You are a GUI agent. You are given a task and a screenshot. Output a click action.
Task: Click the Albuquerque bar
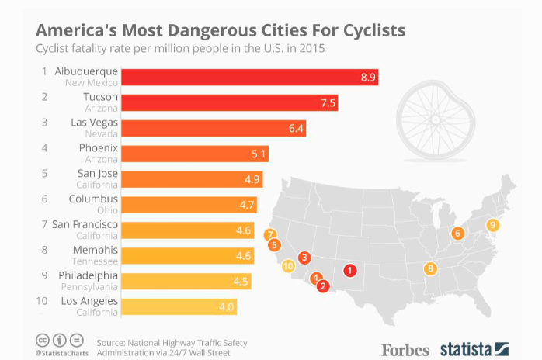[248, 77]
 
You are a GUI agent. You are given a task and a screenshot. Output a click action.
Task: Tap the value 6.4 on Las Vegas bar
[297, 129]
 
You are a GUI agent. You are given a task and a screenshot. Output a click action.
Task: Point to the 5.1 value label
[259, 154]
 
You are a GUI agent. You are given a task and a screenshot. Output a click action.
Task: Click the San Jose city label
[97, 173]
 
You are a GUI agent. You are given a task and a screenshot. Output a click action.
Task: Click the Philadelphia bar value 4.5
[241, 281]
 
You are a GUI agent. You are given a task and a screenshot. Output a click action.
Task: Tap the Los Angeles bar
[179, 306]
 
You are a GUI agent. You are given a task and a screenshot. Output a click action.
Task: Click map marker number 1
[350, 270]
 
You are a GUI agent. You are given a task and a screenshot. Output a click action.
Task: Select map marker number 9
[492, 225]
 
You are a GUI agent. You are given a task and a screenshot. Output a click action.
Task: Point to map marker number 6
[457, 233]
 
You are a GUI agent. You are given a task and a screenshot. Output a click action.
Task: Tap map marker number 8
[431, 269]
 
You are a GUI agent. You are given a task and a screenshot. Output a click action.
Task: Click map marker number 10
[288, 266]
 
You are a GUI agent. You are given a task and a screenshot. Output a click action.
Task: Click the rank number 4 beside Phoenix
[45, 147]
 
